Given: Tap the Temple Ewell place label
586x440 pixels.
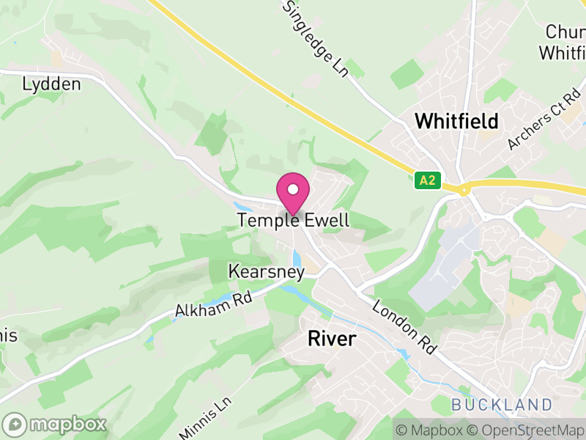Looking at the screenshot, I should point(293,220).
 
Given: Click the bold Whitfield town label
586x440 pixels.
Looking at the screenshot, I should point(456,121).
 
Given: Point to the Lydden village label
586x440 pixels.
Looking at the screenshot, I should point(51,84).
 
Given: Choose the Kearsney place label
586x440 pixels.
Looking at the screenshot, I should point(266,271).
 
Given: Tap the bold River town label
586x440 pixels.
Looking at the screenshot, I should point(332,339).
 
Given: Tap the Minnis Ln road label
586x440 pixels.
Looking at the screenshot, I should point(204,418).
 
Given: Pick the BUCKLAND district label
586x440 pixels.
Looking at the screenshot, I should point(502,405).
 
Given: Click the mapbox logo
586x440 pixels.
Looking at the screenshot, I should point(55,424).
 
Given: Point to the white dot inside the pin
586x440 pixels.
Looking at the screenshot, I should point(293,189).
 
